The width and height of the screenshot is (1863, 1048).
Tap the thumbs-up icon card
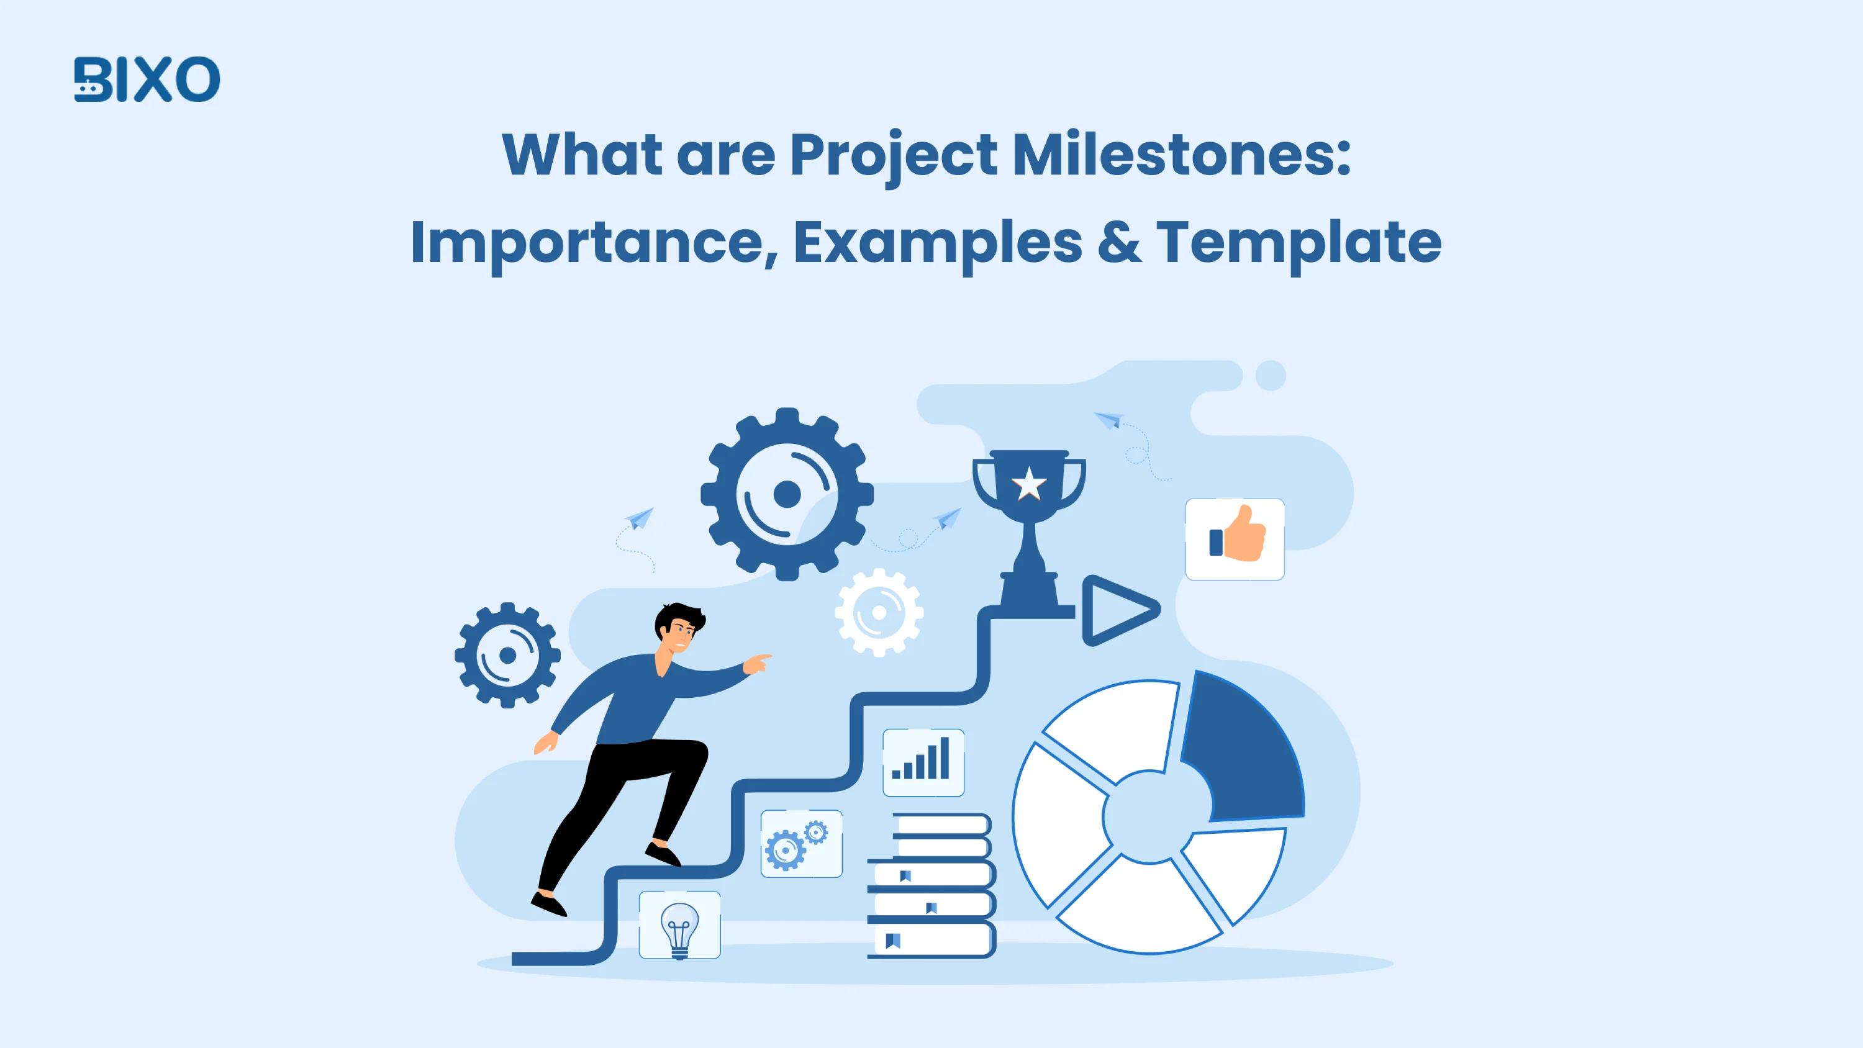tap(1235, 539)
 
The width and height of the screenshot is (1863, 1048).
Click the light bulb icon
tap(679, 926)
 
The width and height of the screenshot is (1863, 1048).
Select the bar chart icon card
tap(923, 762)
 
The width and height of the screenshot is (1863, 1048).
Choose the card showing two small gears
tap(801, 844)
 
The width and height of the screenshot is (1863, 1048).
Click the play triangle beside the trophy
tap(1117, 610)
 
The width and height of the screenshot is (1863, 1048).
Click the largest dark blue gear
tap(787, 495)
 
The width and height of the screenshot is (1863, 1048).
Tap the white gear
tap(879, 613)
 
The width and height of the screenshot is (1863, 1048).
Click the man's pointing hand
tap(757, 662)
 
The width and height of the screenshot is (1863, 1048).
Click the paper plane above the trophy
tap(1108, 420)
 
